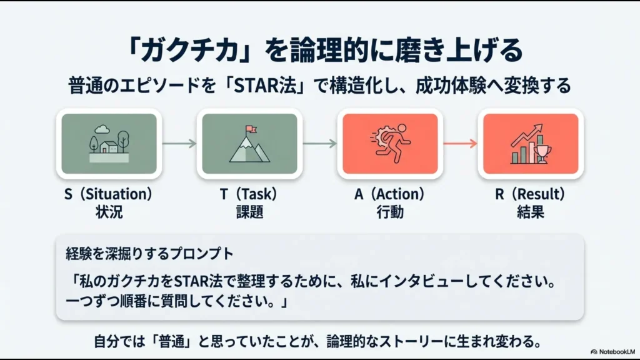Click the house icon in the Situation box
(x=109, y=147)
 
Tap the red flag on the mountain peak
(x=251, y=129)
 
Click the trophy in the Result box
(x=541, y=152)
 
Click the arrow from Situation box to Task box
(x=179, y=143)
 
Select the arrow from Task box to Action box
(x=319, y=143)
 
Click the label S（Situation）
(x=109, y=194)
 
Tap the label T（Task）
(x=249, y=194)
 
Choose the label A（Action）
(x=389, y=194)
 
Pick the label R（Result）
(x=530, y=194)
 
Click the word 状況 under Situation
(x=109, y=212)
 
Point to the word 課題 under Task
(x=249, y=212)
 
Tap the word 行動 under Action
(x=389, y=212)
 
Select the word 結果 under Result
(x=530, y=212)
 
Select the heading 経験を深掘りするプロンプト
(x=149, y=254)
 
